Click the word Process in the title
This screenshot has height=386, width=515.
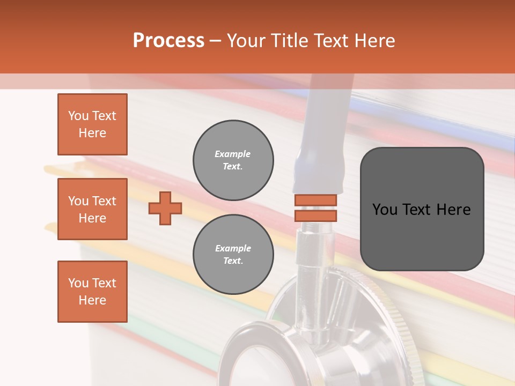click(168, 41)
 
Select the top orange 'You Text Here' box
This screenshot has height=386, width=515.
click(92, 124)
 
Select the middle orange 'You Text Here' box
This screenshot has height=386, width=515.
click(92, 209)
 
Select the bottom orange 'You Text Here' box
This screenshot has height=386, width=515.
click(92, 291)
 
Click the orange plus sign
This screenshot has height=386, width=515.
click(165, 208)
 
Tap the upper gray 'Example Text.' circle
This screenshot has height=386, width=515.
click(233, 160)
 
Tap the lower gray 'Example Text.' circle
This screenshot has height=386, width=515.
click(233, 254)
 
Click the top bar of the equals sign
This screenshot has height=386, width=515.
click(315, 200)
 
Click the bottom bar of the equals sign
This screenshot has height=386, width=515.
click(315, 216)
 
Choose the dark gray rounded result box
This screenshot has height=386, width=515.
click(422, 209)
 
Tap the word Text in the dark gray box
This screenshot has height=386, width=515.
click(421, 210)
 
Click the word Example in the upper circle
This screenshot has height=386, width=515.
click(233, 154)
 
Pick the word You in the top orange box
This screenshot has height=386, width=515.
click(78, 116)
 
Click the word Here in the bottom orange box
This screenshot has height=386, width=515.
click(92, 300)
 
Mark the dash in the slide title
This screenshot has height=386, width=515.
click(215, 41)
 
